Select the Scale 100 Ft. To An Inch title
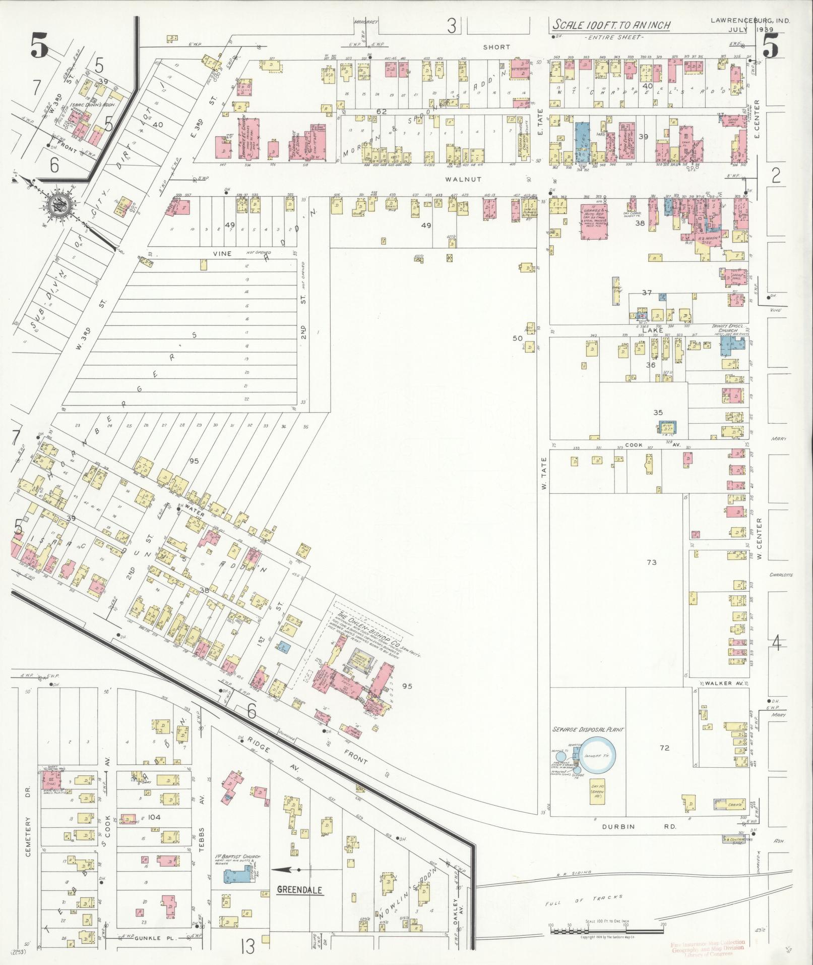coord(610,25)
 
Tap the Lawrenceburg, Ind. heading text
coord(750,21)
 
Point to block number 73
coord(652,562)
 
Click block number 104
coord(154,817)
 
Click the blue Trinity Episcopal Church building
coord(732,348)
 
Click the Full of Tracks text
coord(585,900)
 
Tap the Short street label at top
coord(496,47)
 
